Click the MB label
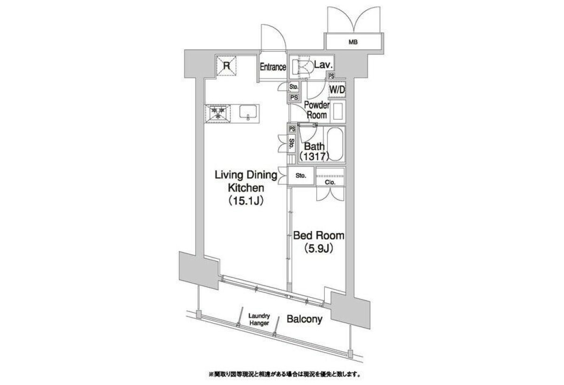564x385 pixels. coord(353,42)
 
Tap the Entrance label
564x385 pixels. coord(273,67)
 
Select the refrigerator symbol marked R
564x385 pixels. coord(227,66)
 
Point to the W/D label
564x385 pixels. coord(337,90)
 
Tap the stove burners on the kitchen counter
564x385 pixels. coord(218,114)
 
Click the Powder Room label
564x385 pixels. coord(317,110)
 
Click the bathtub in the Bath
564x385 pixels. coord(335,144)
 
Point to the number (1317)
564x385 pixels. coord(314,157)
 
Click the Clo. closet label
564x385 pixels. coord(330,182)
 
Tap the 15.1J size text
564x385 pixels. coord(246,201)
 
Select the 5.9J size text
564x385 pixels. coord(319,249)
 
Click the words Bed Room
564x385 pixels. coord(319,236)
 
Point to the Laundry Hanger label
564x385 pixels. coord(259,319)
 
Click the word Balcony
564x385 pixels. coord(305,319)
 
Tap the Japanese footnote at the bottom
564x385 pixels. coord(284,375)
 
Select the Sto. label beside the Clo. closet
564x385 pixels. coord(301,176)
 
